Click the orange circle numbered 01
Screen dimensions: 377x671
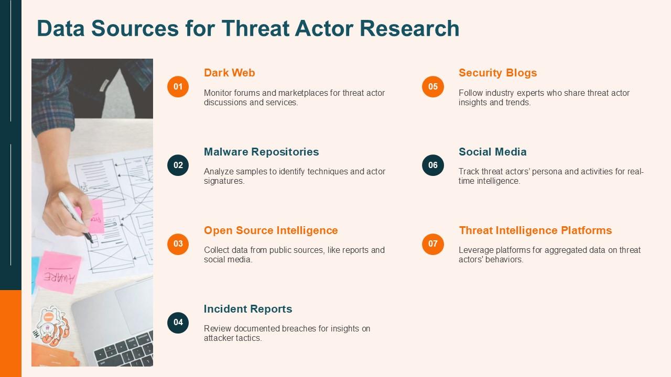[178, 86]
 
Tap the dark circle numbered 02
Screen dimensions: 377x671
[178, 165]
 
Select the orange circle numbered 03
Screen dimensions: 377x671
[178, 243]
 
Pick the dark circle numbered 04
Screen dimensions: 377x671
[178, 322]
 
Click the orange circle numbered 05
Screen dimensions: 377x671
[432, 86]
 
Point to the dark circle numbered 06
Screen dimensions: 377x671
[432, 165]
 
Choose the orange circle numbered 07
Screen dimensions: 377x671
[432, 243]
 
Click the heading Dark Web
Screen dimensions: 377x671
[229, 73]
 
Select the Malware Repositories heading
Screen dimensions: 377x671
[261, 152]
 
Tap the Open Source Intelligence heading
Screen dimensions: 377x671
[270, 230]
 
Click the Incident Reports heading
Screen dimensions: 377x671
[247, 309]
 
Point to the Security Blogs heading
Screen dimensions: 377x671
[497, 73]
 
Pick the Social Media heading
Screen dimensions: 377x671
[492, 152]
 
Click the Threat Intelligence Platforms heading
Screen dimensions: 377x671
[535, 230]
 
